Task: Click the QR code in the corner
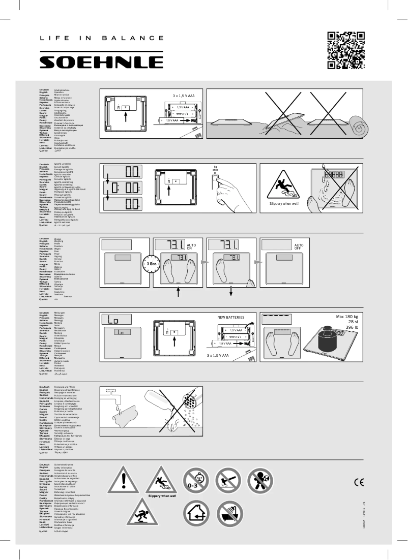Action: coord(346,50)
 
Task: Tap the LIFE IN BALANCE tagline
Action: coord(102,38)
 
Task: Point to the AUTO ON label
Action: coord(191,245)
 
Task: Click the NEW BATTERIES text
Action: coord(231,317)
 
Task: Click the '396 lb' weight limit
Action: coord(352,328)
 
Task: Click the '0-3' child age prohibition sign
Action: coord(196,480)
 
